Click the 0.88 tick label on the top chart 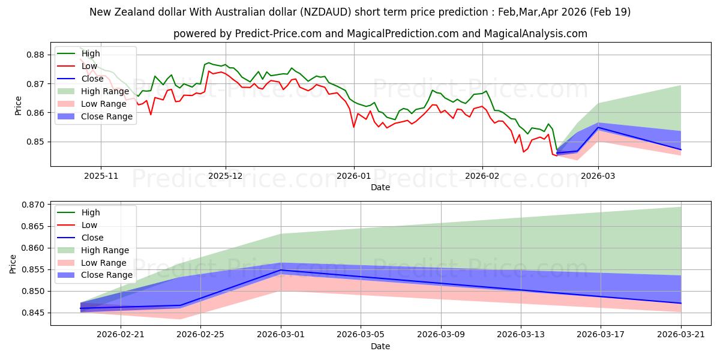pos(35,55)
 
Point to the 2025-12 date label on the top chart pos(226,176)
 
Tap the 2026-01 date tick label pos(353,176)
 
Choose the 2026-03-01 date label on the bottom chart pos(281,335)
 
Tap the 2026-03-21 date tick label pos(681,335)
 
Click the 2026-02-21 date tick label pos(121,335)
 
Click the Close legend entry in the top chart pos(80,79)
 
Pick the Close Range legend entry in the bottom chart pos(95,275)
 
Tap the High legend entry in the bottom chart pos(79,212)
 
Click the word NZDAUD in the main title pos(326,12)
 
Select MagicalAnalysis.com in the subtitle pos(535,34)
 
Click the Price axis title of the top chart pos(18,106)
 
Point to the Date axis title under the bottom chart pos(380,347)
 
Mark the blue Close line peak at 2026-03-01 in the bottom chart pos(281,270)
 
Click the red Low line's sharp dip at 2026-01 pos(353,127)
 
